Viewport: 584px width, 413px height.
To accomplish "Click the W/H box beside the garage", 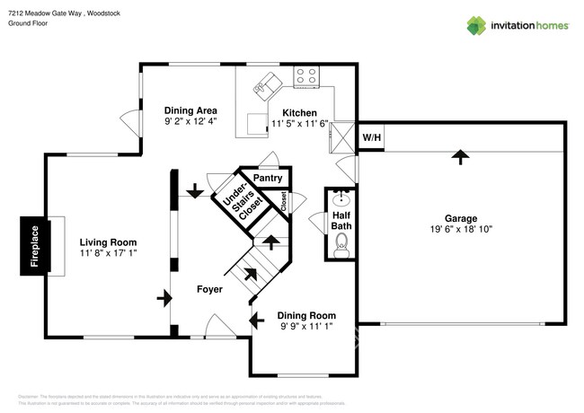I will pos(370,136).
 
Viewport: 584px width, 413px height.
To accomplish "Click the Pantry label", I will pos(267,179).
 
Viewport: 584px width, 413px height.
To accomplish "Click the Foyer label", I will pos(210,289).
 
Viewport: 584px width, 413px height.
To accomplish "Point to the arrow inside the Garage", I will pos(460,157).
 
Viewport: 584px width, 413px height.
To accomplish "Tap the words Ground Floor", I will pos(27,24).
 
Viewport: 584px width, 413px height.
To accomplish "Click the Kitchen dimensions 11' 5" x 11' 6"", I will pos(300,125).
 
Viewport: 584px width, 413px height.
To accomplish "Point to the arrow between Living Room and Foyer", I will pos(164,296).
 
